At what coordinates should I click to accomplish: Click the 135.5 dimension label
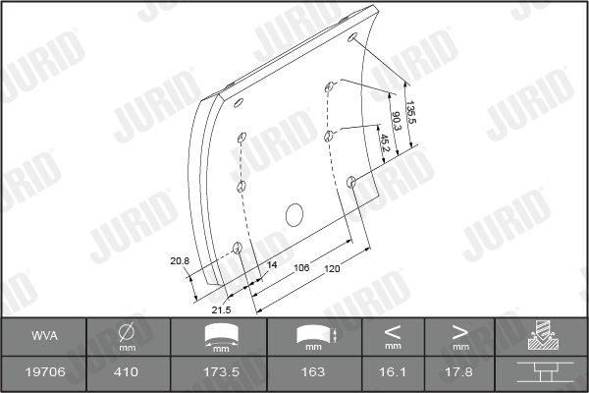point(411,112)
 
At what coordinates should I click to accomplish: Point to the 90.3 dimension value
point(397,121)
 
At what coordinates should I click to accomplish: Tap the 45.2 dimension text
point(385,143)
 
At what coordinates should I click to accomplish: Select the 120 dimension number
point(332,269)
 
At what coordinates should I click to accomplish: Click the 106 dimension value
point(301,268)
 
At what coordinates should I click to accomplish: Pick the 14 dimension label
point(272,264)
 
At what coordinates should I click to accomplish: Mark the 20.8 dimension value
point(180,260)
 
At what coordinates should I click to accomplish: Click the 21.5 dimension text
point(221,310)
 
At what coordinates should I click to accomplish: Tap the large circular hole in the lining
point(294,215)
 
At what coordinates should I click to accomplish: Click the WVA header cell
point(45,336)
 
